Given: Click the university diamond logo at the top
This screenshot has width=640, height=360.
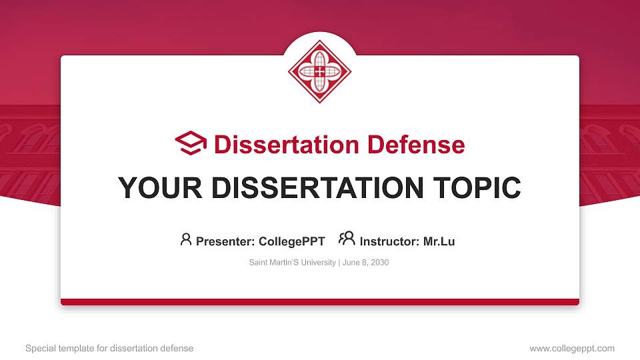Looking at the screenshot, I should point(320,71).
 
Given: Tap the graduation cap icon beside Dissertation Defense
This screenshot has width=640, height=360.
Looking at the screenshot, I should point(191,144).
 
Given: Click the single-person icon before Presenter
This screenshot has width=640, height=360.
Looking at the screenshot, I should point(186,239).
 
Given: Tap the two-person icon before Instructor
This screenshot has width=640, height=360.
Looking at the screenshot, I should point(347,239).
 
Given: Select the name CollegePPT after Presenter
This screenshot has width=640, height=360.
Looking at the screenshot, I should point(292,241).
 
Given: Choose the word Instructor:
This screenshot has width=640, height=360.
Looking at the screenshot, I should point(390,241).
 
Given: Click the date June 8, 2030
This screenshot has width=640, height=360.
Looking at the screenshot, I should point(366,263).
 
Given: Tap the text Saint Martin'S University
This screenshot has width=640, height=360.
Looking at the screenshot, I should point(293,263).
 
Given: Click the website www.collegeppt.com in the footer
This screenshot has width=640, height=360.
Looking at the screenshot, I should point(572,348).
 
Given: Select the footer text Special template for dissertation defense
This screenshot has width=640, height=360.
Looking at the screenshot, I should point(109,348).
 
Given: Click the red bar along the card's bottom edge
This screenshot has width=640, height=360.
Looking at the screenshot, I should point(320,302).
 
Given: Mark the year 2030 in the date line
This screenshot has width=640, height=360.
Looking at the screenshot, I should point(379,263).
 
